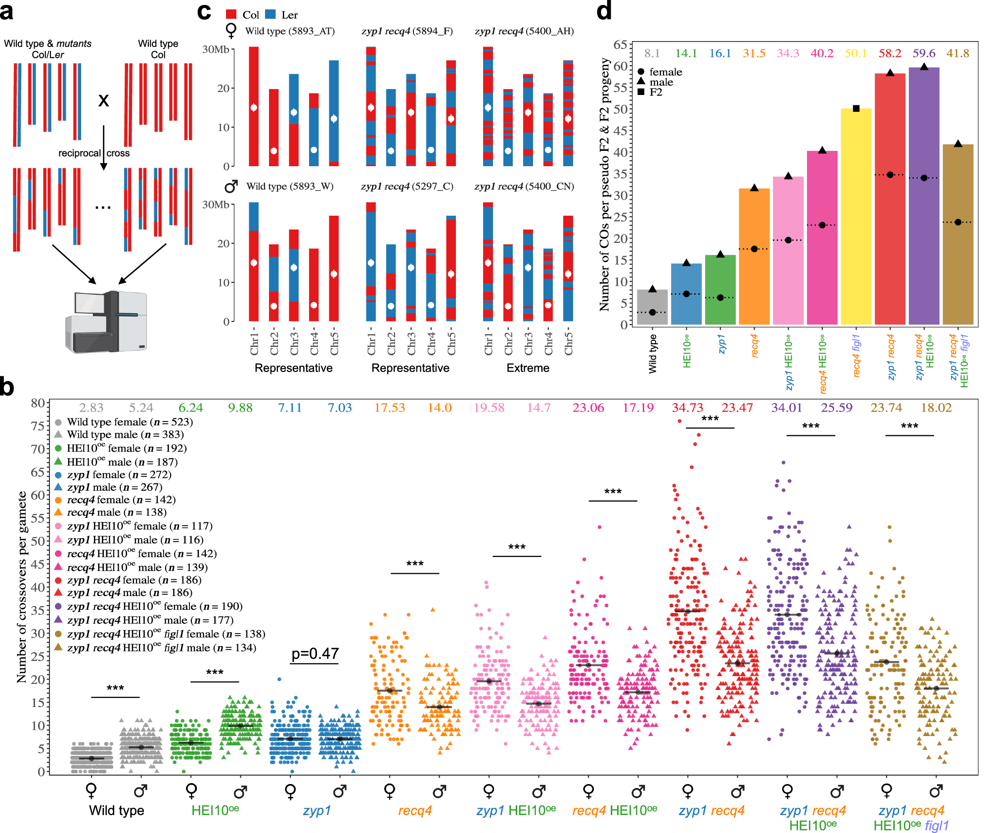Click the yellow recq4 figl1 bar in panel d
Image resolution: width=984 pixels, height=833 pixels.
click(855, 218)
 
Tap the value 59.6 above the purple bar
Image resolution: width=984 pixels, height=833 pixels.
click(924, 53)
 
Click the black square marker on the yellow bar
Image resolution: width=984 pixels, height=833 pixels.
click(856, 109)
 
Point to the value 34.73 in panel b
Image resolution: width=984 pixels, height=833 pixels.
click(687, 408)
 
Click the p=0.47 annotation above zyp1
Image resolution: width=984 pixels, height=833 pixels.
click(315, 654)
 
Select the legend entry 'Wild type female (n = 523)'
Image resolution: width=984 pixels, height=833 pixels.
click(130, 422)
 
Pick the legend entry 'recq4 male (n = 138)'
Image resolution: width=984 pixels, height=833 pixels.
click(117, 512)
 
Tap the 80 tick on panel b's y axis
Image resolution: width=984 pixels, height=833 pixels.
click(38, 403)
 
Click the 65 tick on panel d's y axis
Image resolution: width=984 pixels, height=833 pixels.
click(620, 45)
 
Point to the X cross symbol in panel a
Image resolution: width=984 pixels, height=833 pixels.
click(103, 101)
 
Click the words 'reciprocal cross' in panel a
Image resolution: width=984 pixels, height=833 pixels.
click(94, 153)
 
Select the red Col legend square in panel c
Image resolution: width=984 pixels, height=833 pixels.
click(231, 14)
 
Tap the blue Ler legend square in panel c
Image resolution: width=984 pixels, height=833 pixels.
click(270, 14)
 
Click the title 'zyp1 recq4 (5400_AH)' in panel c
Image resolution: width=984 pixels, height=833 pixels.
click(524, 31)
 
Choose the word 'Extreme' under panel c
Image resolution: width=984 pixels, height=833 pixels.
click(528, 368)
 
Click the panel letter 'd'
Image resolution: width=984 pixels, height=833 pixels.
click(604, 11)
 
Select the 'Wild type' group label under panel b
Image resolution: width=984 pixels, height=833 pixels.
click(117, 810)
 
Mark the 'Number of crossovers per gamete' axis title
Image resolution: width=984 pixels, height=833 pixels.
click(22, 587)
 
